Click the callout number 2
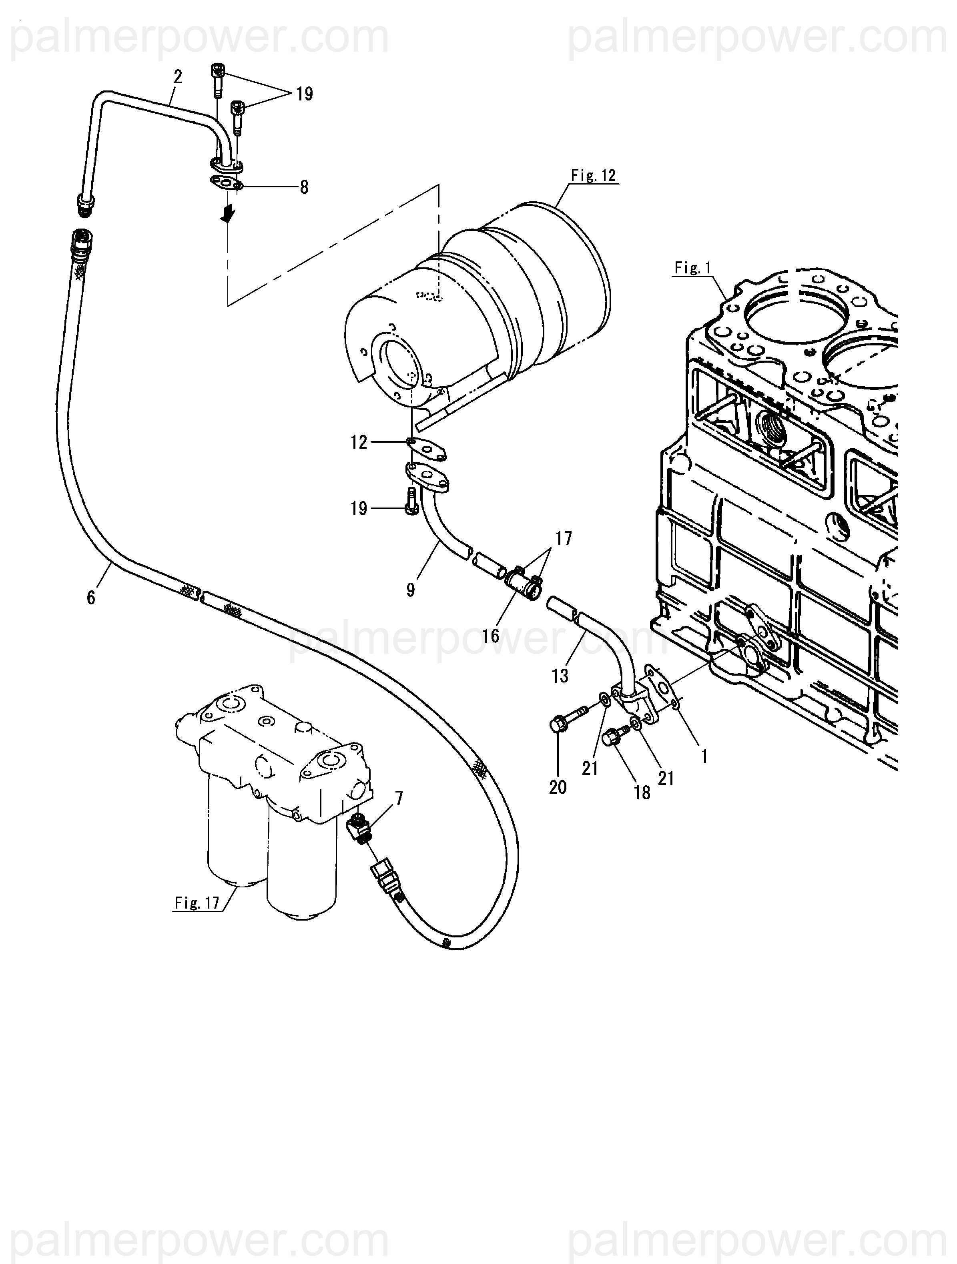178,76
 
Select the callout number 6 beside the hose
91,598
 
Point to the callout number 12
359,442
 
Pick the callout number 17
563,538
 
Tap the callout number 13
560,676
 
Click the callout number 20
558,787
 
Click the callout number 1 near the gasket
704,756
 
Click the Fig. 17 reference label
197,903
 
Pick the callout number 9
411,589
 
